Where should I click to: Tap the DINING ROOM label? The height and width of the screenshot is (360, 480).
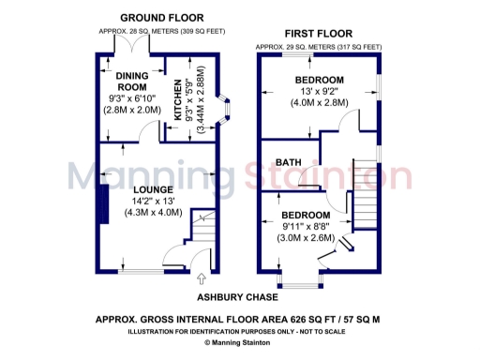tap(131, 79)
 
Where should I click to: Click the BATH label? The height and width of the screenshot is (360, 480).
tap(288, 162)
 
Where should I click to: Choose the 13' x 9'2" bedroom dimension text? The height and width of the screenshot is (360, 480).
tap(319, 92)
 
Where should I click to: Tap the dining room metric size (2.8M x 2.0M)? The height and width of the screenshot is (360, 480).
tap(132, 109)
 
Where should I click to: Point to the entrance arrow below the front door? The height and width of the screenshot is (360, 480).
tap(202, 278)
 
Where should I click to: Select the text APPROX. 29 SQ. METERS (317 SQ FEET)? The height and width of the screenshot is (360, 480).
tap(319, 46)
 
